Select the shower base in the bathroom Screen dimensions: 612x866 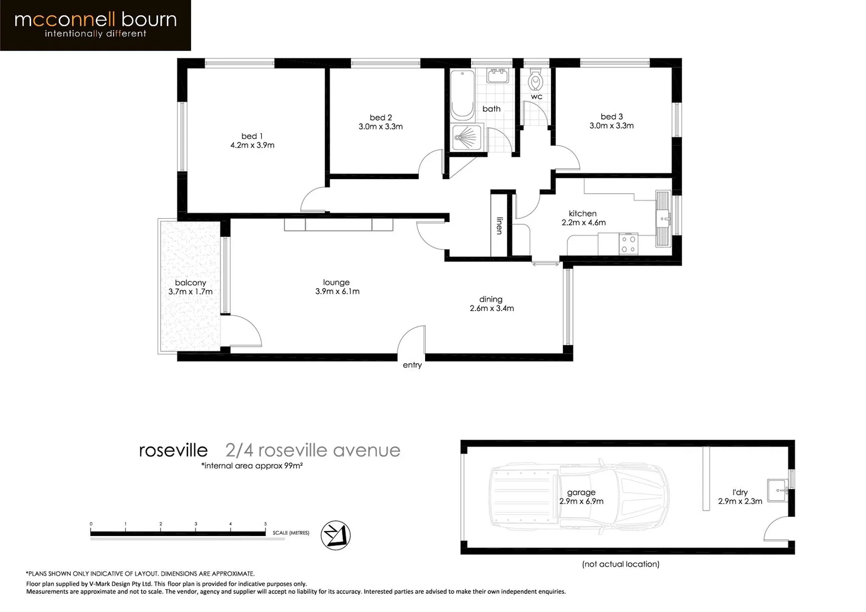pos(467,138)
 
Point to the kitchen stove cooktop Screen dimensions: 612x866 pos(628,244)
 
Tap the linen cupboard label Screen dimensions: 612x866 pos(499,225)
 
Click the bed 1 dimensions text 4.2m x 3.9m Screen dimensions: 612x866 pos(252,145)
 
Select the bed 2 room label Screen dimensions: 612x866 pos(381,117)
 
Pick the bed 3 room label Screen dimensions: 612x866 pos(612,116)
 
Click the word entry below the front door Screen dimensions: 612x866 pos(412,365)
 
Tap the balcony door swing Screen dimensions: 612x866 pos(244,331)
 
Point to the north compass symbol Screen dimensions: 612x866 pos(336,535)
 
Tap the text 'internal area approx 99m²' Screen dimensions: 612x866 pos(252,466)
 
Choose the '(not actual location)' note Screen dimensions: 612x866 pos(621,564)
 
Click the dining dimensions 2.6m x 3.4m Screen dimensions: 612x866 pos(491,308)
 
